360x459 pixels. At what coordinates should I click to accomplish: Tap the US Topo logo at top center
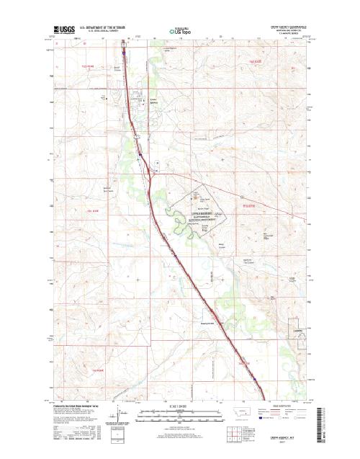click(x=179, y=30)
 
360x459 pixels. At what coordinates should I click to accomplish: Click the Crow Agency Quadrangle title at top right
click(x=289, y=24)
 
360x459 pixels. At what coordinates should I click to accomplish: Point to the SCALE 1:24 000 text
click(x=180, y=408)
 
